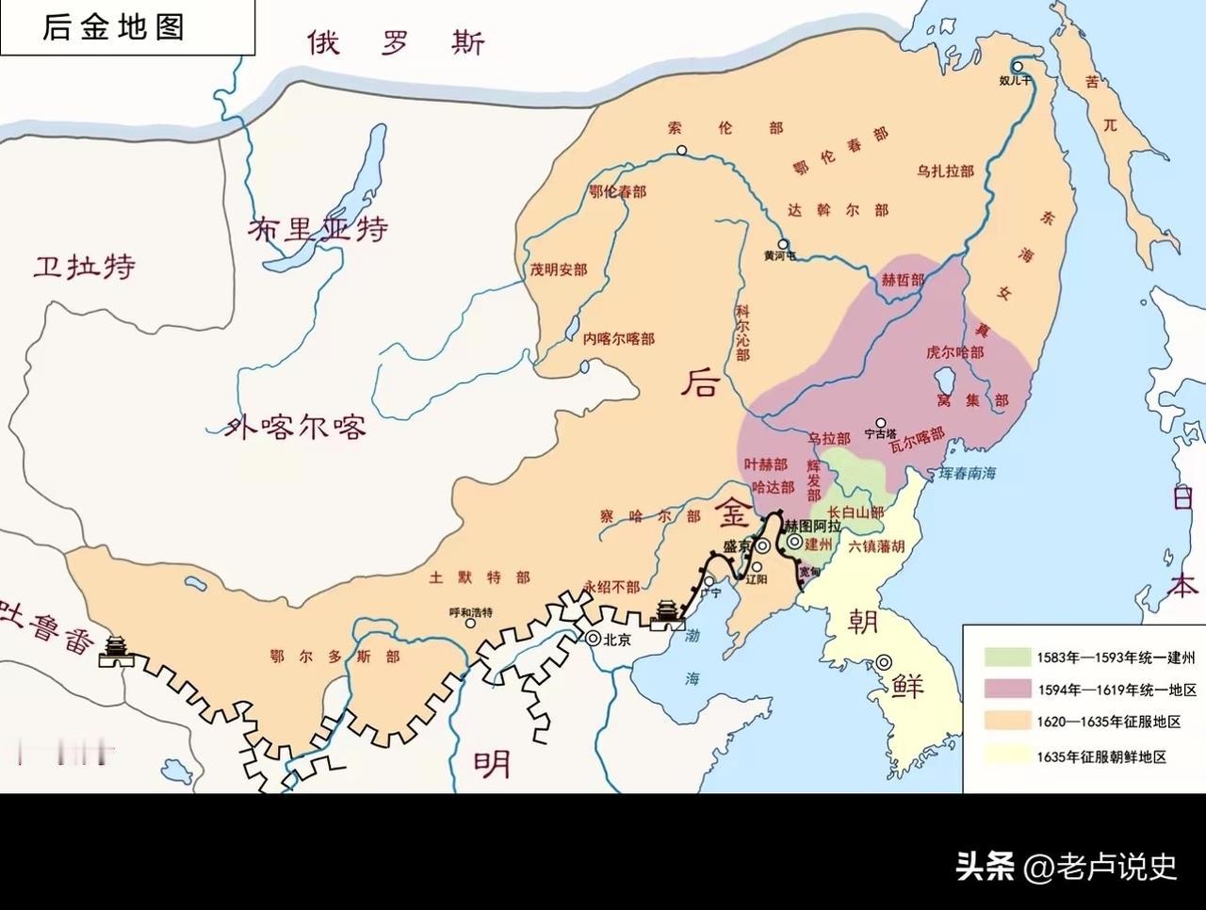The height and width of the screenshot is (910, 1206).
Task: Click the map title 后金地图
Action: point(113,26)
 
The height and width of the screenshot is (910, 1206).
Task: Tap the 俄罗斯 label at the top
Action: point(395,43)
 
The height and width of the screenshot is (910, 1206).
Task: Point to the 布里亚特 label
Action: point(318,229)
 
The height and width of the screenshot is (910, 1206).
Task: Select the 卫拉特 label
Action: point(84,267)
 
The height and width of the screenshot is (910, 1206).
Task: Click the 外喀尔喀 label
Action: point(295,428)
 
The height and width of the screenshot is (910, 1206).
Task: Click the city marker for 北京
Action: point(594,638)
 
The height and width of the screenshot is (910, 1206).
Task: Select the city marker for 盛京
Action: point(761,546)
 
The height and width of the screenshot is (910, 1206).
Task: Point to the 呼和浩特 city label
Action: point(470,612)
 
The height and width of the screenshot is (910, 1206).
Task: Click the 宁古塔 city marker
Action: point(881,423)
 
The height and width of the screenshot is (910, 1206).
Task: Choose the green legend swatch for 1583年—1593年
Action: point(1005,657)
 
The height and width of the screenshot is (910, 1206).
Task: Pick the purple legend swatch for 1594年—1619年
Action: point(1005,690)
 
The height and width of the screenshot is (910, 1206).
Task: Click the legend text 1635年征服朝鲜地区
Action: point(1101,756)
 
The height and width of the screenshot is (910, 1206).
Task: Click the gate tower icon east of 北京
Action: point(667,612)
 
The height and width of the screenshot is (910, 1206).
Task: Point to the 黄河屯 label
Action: point(779,255)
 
